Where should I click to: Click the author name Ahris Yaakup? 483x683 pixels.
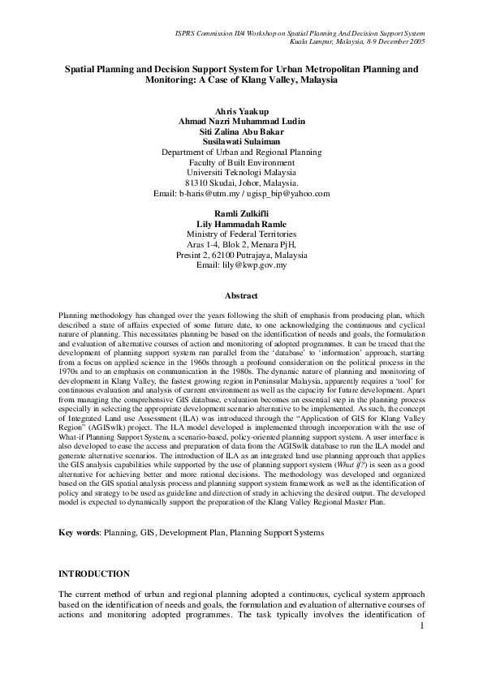tap(241, 110)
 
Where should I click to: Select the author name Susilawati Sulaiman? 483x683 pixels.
tap(241, 141)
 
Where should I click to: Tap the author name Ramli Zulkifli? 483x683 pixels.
tap(241, 213)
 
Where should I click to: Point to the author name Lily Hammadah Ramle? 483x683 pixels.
tap(241, 223)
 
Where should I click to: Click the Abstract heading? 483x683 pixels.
tap(241, 296)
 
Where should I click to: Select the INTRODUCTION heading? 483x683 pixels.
tap(94, 573)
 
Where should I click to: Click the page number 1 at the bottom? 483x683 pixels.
tap(423, 625)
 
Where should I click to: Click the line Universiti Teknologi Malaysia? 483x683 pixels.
tap(241, 173)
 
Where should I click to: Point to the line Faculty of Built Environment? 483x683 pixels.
tap(241, 162)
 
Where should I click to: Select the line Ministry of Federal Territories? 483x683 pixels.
tap(241, 234)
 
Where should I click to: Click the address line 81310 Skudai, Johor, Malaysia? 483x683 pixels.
tap(241, 183)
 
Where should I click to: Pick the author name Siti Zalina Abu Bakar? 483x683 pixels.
tap(241, 131)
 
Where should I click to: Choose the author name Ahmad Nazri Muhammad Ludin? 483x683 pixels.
tap(241, 121)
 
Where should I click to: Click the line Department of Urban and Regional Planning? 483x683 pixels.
tap(241, 152)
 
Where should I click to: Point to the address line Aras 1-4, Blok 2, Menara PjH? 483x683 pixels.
tap(241, 244)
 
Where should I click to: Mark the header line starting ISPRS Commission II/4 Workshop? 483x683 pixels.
tap(300, 31)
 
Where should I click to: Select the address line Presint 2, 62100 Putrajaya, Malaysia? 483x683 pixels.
tap(241, 255)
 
